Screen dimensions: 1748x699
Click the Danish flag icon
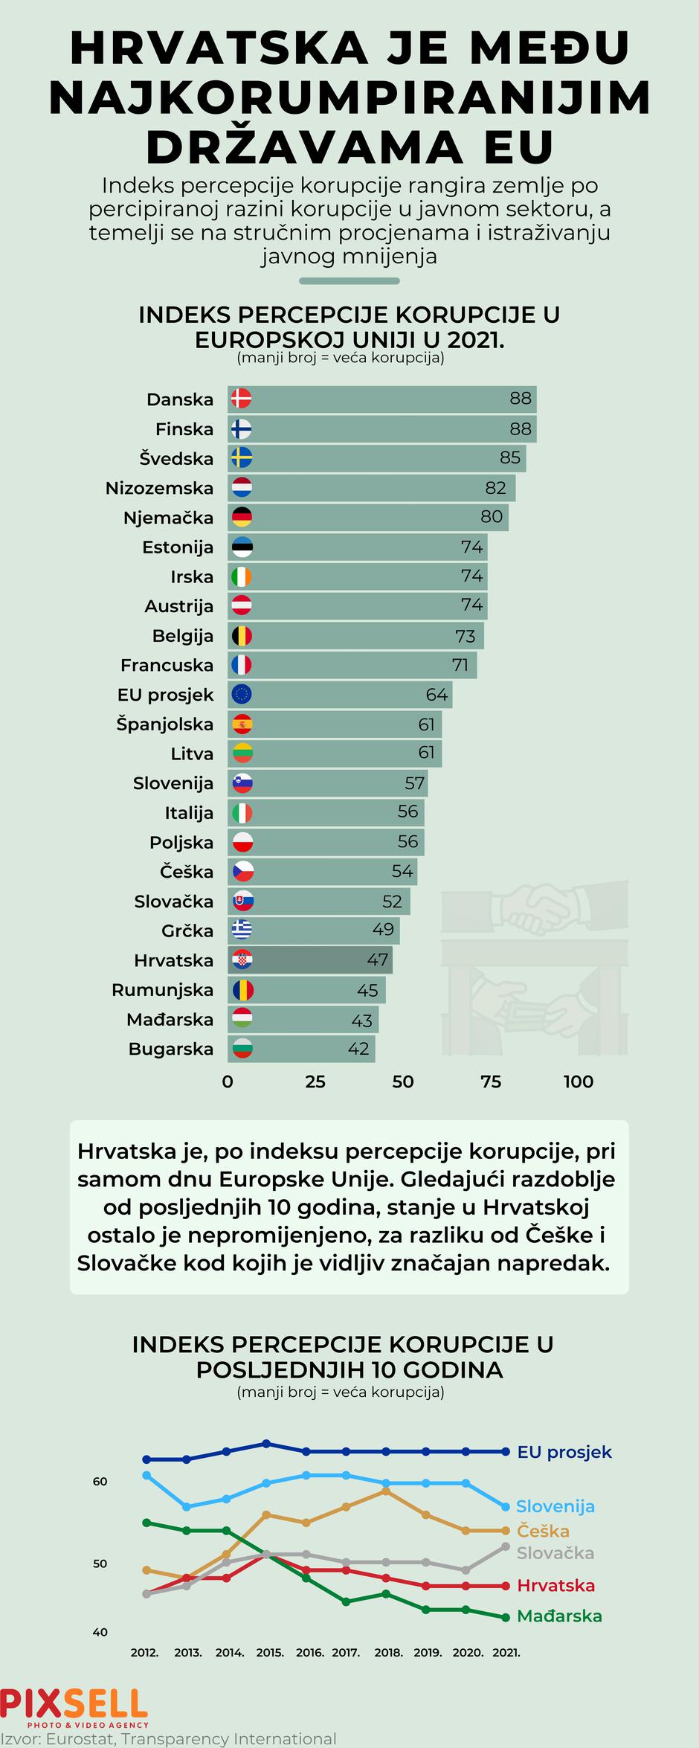(x=241, y=399)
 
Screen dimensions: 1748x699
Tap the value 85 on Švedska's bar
(x=509, y=457)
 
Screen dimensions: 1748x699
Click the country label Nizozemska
(x=159, y=488)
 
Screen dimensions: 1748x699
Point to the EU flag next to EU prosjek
(x=242, y=695)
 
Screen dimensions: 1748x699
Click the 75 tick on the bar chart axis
(x=491, y=1082)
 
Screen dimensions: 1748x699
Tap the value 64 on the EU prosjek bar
(x=437, y=695)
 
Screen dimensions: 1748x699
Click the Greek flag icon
(x=242, y=930)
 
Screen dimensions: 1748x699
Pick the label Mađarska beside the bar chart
(x=170, y=1019)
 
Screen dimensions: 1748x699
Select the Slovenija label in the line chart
(x=555, y=1506)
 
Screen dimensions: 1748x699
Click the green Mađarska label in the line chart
(x=559, y=1616)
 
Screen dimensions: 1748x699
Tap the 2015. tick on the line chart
(x=270, y=1653)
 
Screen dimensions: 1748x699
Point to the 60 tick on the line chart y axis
(x=100, y=1481)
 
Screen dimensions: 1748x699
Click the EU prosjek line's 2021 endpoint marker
(x=506, y=1451)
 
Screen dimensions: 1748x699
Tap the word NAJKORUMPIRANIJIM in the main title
(x=349, y=98)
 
